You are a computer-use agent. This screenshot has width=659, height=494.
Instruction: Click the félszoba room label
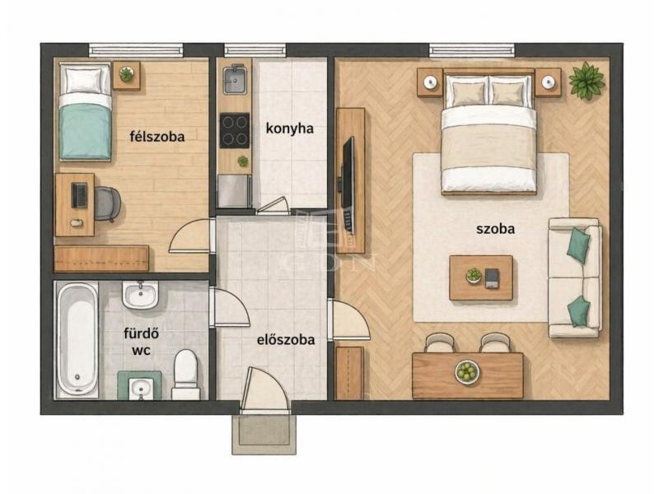click(x=157, y=137)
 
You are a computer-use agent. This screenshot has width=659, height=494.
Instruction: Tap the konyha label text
click(x=290, y=128)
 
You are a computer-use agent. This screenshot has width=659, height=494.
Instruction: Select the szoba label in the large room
click(x=496, y=229)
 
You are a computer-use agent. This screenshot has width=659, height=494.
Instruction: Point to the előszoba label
click(x=286, y=339)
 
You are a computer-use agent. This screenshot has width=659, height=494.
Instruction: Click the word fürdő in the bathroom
click(x=141, y=333)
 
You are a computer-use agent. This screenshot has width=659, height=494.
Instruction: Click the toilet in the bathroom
click(x=185, y=375)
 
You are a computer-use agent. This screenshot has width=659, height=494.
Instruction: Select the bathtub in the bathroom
click(x=77, y=339)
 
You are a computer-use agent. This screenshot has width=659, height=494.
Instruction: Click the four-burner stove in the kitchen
click(x=235, y=130)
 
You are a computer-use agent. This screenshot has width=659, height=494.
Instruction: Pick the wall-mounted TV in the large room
click(x=348, y=184)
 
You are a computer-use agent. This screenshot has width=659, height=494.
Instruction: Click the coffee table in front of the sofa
click(x=481, y=277)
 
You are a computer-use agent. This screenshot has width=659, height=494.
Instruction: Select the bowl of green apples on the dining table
click(x=467, y=372)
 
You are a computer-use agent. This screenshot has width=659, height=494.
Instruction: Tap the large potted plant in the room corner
click(x=587, y=81)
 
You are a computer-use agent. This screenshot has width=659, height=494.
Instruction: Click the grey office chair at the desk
click(x=107, y=203)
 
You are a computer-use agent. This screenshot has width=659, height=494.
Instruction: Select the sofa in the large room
click(x=575, y=277)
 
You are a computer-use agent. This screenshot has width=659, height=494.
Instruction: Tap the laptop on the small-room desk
click(x=79, y=195)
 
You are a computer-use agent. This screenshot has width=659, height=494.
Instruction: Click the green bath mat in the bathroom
click(x=139, y=385)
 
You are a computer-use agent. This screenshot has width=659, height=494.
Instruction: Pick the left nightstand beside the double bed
click(x=430, y=83)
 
